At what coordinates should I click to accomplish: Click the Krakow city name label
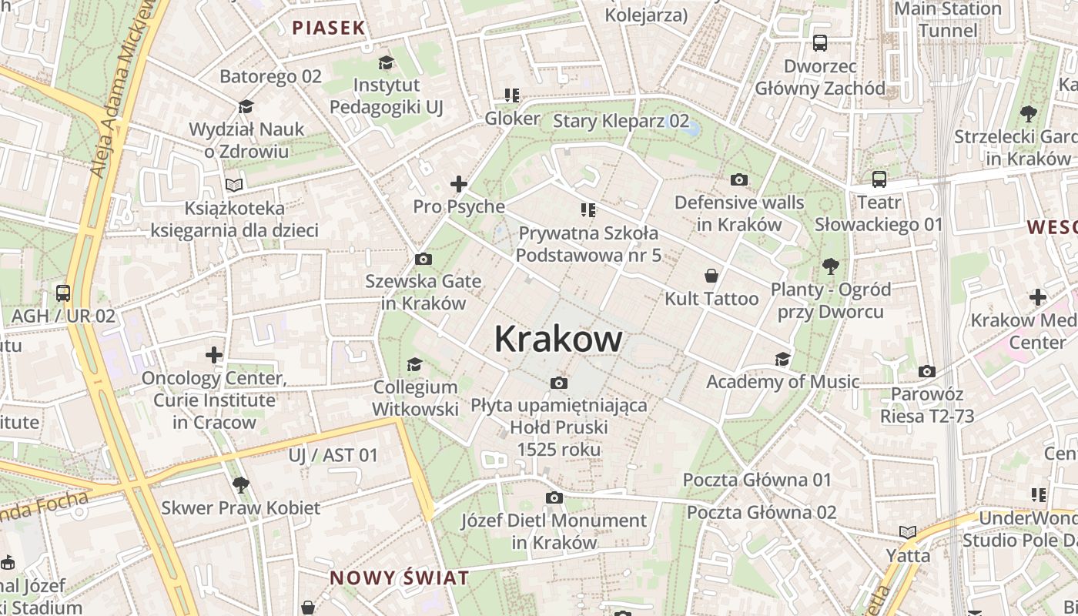(558, 339)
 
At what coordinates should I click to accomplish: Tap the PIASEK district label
(328, 28)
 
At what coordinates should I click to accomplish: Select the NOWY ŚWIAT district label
(399, 578)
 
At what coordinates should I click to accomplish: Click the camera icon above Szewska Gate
(423, 259)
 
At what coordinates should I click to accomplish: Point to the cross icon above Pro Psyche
(459, 184)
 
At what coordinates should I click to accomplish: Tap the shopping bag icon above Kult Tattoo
(711, 276)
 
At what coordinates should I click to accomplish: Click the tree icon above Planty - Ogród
(830, 266)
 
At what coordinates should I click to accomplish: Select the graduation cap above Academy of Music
(782, 359)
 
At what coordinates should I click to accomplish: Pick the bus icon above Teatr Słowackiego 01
(879, 179)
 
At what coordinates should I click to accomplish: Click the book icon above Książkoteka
(234, 185)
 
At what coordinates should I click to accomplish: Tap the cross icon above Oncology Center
(214, 355)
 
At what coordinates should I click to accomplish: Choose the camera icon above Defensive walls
(738, 180)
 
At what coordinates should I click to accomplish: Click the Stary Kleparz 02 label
(621, 121)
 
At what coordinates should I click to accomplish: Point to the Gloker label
(512, 119)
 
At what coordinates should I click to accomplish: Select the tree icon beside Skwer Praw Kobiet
(240, 484)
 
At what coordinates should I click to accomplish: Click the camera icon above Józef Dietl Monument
(554, 498)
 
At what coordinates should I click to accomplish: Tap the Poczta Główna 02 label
(761, 512)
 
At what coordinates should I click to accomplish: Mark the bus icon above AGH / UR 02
(63, 293)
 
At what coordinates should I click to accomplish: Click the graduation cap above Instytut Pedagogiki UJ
(386, 62)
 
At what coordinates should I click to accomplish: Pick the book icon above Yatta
(908, 532)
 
